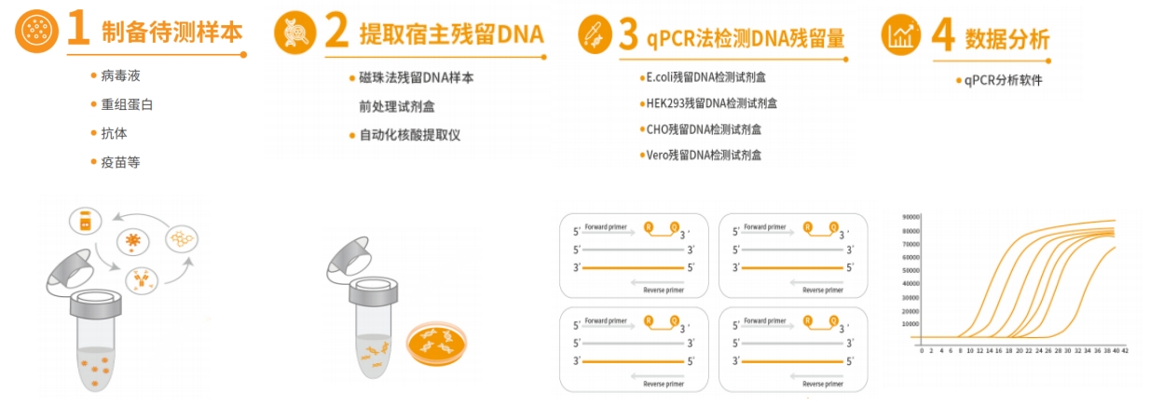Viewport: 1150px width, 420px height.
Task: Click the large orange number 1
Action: (78, 31)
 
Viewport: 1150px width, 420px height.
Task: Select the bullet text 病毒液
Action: (121, 75)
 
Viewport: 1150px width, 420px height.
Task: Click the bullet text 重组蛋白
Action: (128, 104)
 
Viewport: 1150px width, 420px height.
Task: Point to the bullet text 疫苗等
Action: (121, 162)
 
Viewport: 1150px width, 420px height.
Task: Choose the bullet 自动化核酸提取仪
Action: (410, 135)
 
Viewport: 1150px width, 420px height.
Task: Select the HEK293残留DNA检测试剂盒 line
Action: (711, 103)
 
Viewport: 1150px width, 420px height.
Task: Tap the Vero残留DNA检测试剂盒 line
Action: (704, 156)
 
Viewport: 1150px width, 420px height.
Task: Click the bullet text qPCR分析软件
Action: (1005, 80)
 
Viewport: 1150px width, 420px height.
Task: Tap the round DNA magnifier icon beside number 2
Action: (295, 34)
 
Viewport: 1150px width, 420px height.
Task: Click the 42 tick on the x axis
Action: (1126, 351)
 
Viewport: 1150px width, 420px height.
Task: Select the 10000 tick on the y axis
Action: (910, 324)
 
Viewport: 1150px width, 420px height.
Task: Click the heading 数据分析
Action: (1006, 38)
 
